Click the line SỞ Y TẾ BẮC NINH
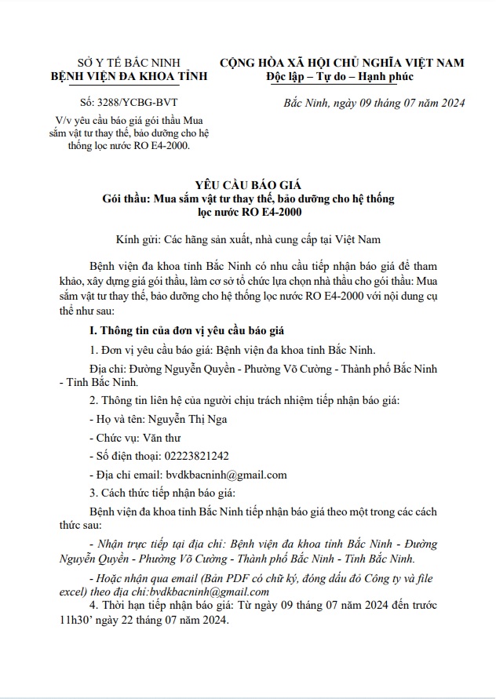[115, 62]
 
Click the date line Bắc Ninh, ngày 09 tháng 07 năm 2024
[374, 103]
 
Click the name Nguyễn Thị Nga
[188, 419]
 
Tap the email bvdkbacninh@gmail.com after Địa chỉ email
[226, 474]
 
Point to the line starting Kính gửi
[248, 236]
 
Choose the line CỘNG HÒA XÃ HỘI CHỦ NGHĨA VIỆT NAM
[341, 62]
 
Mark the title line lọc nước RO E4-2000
[248, 212]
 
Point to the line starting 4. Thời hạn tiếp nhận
[259, 606]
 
